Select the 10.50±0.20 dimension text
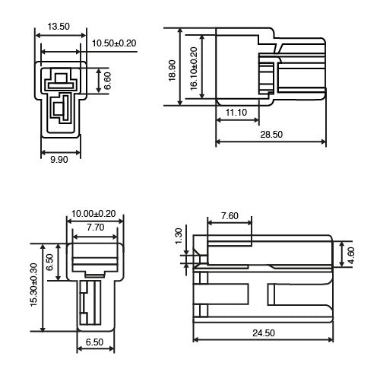[113, 43]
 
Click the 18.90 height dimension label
[171, 72]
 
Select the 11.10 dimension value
[236, 112]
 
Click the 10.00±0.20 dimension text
[94, 215]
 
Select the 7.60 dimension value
[229, 216]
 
